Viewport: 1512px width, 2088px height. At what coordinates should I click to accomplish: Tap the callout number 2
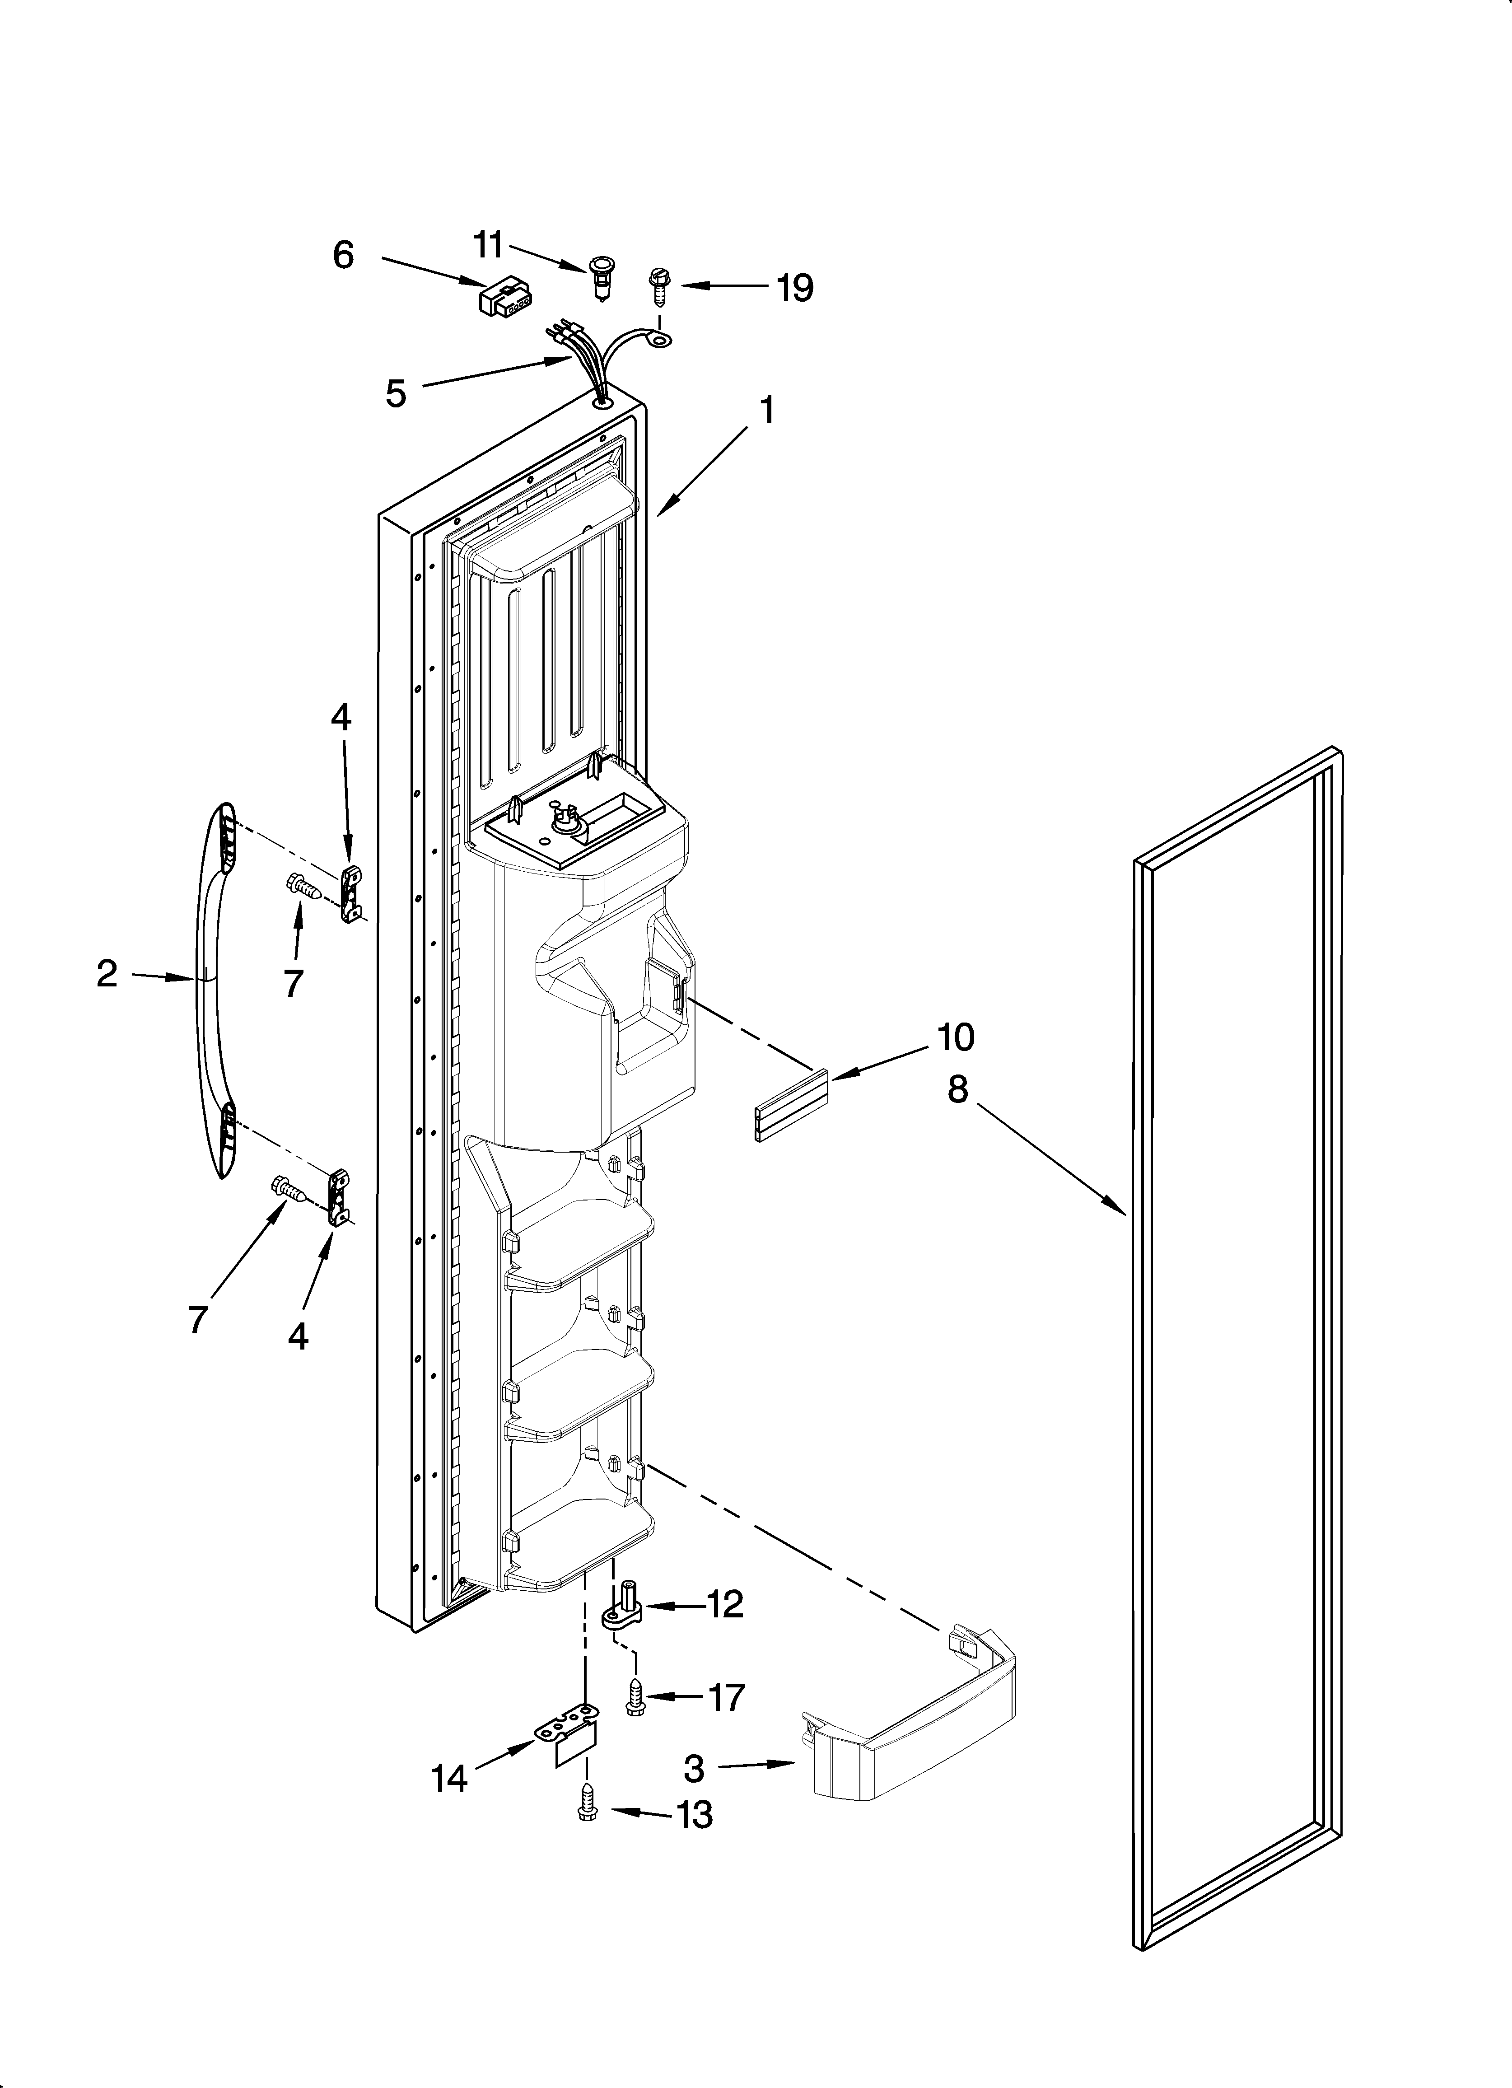[x=107, y=973]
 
